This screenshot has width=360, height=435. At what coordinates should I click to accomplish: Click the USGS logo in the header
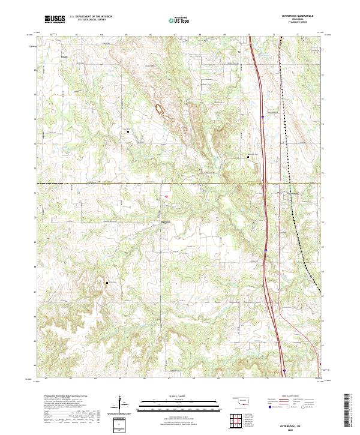pyautogui.click(x=55, y=19)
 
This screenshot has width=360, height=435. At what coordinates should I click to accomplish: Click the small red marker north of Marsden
pyautogui.click(x=166, y=196)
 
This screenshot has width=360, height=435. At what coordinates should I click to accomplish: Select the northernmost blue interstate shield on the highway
pyautogui.click(x=263, y=117)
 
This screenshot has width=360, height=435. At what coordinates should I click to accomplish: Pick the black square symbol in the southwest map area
pyautogui.click(x=107, y=282)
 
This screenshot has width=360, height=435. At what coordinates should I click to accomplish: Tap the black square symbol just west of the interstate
pyautogui.click(x=249, y=157)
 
